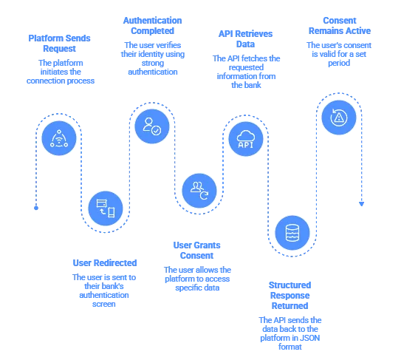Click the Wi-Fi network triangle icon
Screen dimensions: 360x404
[x=58, y=139]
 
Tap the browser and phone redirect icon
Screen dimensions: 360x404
[x=106, y=207]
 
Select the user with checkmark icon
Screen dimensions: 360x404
[x=152, y=123]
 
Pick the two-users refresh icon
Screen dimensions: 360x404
[x=199, y=189]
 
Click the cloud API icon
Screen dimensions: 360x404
[x=245, y=140]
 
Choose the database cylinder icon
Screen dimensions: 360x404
[x=292, y=232]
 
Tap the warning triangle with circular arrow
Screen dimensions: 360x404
[x=338, y=117]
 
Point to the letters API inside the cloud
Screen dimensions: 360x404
[x=245, y=145]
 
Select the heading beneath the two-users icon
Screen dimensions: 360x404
[x=197, y=248]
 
